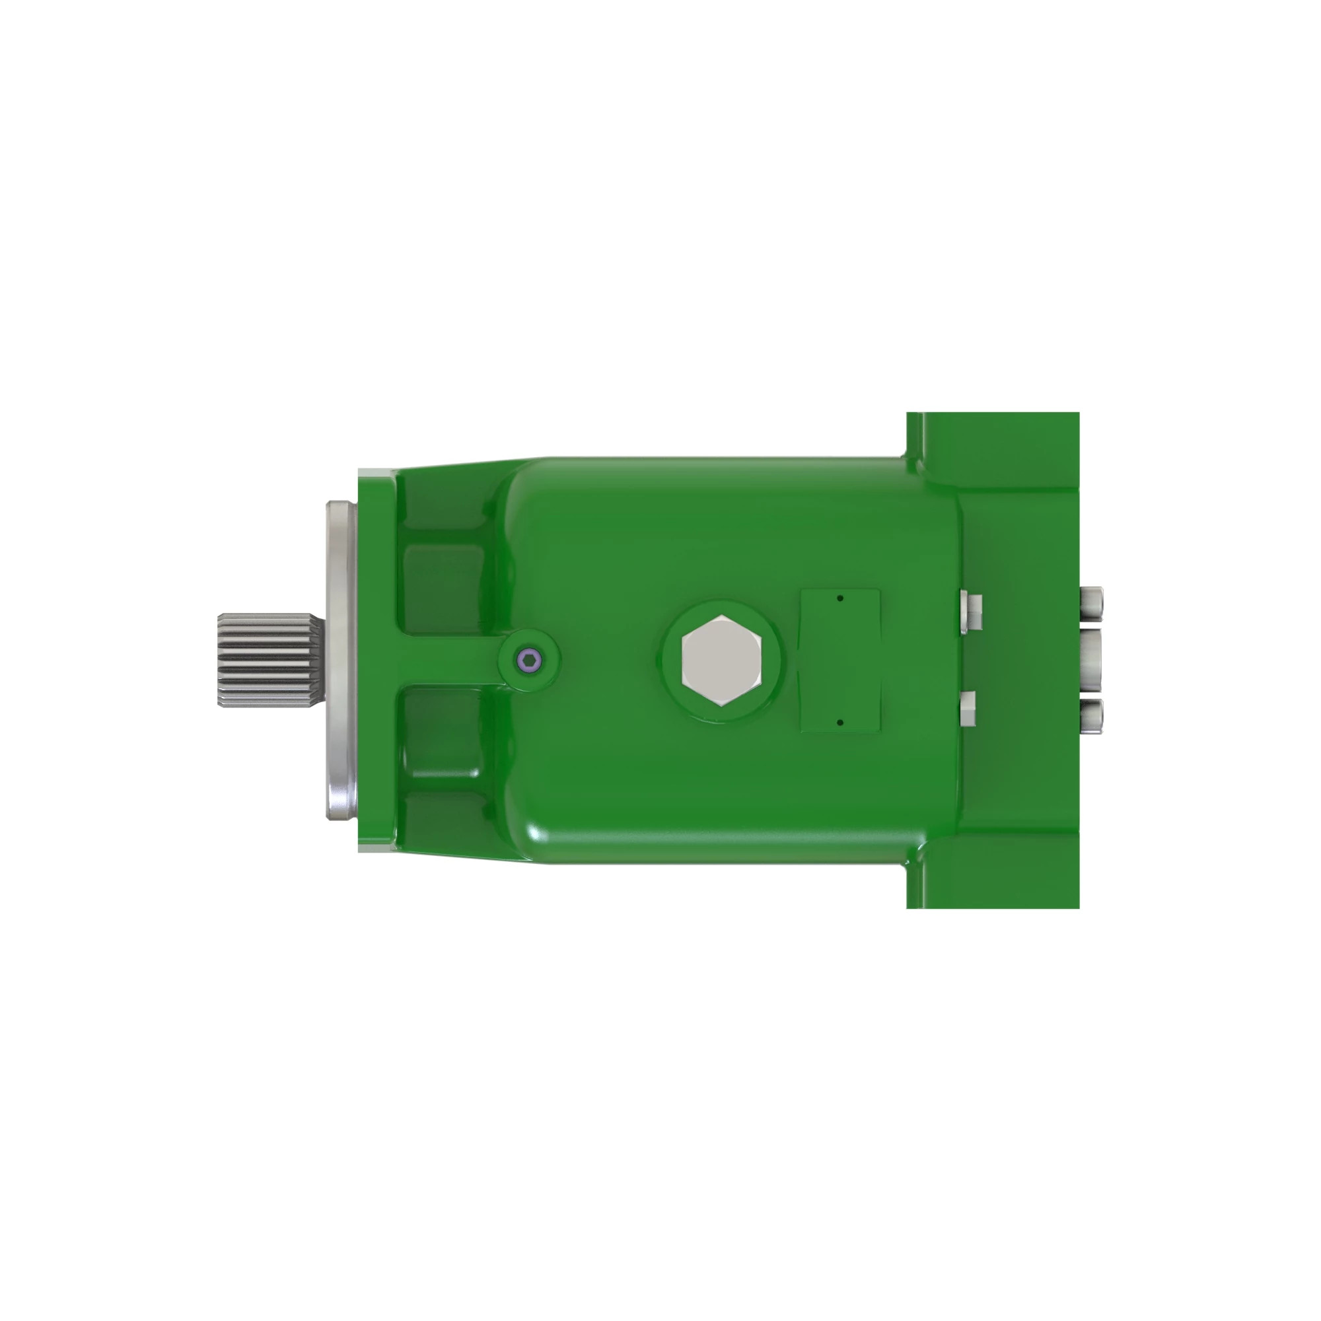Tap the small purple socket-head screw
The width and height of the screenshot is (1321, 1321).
pos(529,660)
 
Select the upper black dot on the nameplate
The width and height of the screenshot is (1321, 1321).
pos(840,598)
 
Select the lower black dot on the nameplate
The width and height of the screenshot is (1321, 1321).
pos(840,722)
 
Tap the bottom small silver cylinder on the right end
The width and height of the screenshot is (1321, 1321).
pos(1091,717)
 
